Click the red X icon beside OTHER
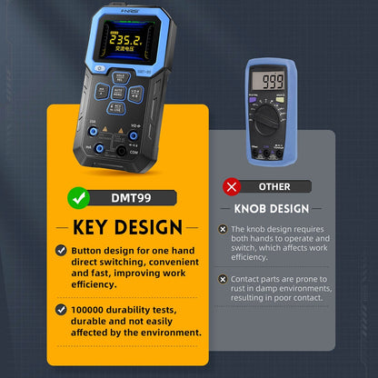click(232, 186)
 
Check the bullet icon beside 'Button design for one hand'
click(61, 250)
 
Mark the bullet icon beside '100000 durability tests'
click(61, 310)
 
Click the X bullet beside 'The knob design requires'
click(223, 233)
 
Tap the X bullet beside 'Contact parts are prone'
click(223, 280)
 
